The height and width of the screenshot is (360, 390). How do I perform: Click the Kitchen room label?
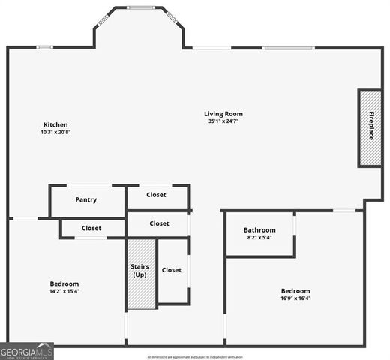pyautogui.click(x=55, y=124)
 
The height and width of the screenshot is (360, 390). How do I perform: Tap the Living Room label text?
pyautogui.click(x=223, y=114)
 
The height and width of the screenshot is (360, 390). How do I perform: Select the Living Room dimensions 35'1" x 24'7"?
pyautogui.click(x=223, y=121)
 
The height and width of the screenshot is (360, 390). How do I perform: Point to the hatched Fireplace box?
pyautogui.click(x=370, y=127)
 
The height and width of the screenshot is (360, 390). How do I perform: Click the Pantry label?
pyautogui.click(x=86, y=200)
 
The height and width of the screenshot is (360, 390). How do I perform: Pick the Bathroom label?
pyautogui.click(x=259, y=229)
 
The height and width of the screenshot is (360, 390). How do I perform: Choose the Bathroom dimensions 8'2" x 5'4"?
pyautogui.click(x=259, y=237)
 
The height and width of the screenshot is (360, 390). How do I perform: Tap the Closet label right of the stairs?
pyautogui.click(x=172, y=270)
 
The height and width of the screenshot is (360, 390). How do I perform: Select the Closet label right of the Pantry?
pyautogui.click(x=157, y=195)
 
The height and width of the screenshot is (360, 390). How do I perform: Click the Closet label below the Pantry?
pyautogui.click(x=91, y=228)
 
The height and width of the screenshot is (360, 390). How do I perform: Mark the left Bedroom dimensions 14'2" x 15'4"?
pyautogui.click(x=64, y=291)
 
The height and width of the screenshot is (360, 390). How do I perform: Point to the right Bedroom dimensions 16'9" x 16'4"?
pyautogui.click(x=295, y=298)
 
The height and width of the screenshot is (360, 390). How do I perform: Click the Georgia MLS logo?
pyautogui.click(x=27, y=351)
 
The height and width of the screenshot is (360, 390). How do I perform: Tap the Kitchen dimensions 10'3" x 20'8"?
pyautogui.click(x=55, y=132)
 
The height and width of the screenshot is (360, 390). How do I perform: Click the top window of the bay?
pyautogui.click(x=140, y=8)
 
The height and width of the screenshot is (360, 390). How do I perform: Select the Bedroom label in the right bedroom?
pyautogui.click(x=295, y=290)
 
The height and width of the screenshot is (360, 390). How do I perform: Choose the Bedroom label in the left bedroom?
pyautogui.click(x=64, y=283)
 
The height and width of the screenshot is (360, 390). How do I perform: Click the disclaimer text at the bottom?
pyautogui.click(x=195, y=357)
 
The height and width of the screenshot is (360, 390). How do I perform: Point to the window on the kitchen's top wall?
pyautogui.click(x=45, y=47)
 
